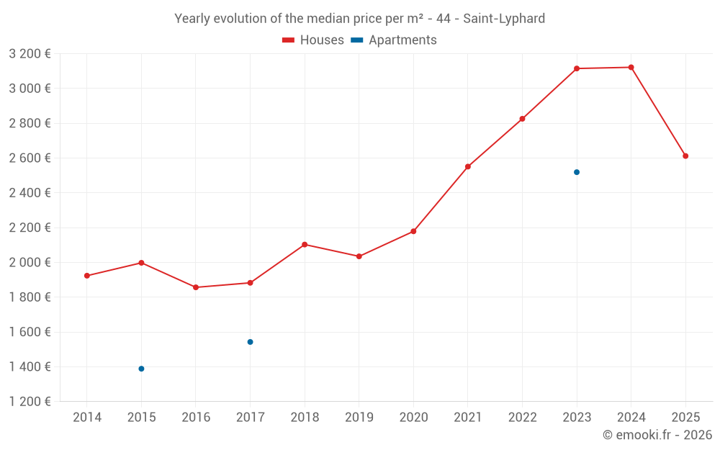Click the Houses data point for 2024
[x=631, y=67]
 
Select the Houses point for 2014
[x=87, y=276]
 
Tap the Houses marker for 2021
[x=468, y=166]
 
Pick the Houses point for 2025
[x=685, y=156]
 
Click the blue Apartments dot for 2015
[x=141, y=369]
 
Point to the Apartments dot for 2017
[x=250, y=342]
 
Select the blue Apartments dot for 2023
[x=577, y=172]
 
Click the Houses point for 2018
[x=305, y=245]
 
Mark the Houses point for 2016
[x=196, y=287]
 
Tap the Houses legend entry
[x=313, y=40]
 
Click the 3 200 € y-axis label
[x=30, y=54]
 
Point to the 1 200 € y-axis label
[x=30, y=402]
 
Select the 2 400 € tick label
[x=30, y=193]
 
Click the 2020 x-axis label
[x=413, y=418]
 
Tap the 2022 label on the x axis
[x=522, y=418]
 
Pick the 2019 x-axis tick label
[x=359, y=418]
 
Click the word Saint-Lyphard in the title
[x=504, y=19]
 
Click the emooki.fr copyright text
[x=657, y=435]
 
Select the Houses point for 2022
[x=522, y=119]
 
